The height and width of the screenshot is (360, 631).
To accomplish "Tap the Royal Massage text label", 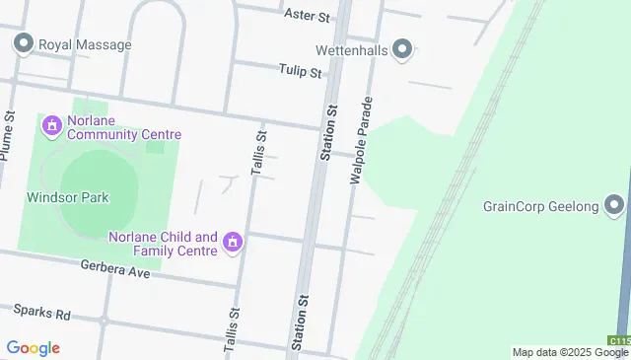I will [84, 44].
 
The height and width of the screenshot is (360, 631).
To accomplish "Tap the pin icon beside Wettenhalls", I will [401, 48].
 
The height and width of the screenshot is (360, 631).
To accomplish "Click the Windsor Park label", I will [67, 197].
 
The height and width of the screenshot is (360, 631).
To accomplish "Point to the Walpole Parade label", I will [361, 141].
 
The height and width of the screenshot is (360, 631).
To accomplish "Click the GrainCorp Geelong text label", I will [541, 206].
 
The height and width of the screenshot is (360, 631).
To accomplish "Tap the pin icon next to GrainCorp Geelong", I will [615, 206].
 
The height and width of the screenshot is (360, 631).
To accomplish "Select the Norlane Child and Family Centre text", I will [163, 244].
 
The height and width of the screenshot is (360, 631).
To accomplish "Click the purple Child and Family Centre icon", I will [233, 243].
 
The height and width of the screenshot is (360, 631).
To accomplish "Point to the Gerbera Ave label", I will [115, 269].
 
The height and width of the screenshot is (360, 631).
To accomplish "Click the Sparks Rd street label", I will [41, 313].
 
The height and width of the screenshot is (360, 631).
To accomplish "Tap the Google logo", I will [33, 348].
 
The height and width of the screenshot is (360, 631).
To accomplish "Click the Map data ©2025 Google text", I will [570, 352].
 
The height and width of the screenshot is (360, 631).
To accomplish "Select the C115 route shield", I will [619, 340].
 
